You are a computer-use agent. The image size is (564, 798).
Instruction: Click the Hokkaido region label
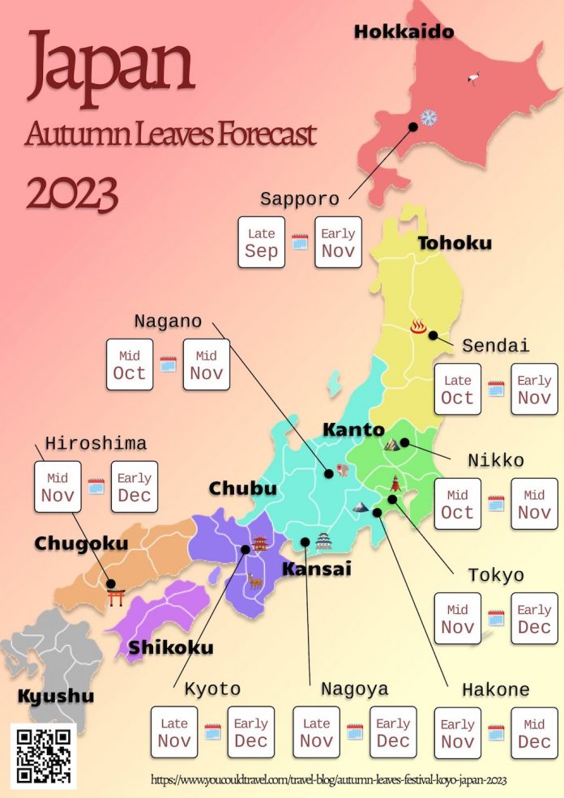(x=404, y=32)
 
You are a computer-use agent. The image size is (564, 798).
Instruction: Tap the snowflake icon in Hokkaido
(x=429, y=118)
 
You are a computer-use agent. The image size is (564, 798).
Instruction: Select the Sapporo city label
(x=299, y=199)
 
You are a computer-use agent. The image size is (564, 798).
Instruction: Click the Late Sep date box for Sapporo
(x=261, y=242)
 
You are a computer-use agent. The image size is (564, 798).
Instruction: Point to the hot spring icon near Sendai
(x=418, y=326)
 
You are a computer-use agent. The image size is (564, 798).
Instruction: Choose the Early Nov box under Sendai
(x=534, y=389)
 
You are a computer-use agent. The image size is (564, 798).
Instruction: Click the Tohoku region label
(x=454, y=243)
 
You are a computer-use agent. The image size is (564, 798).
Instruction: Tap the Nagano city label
(x=168, y=321)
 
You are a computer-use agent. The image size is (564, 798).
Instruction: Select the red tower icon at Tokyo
(x=395, y=484)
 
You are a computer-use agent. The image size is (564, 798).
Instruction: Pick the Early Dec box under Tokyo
(x=534, y=619)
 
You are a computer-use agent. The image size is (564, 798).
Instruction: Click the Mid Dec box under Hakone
(x=534, y=733)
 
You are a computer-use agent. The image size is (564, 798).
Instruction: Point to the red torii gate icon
(x=116, y=597)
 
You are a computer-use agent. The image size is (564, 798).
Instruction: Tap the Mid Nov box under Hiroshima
(x=58, y=487)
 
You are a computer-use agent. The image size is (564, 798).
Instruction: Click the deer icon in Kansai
(x=255, y=580)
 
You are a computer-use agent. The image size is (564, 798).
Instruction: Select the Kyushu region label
(x=55, y=696)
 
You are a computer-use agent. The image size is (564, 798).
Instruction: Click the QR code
(x=44, y=755)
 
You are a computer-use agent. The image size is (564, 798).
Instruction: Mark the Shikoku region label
(x=171, y=647)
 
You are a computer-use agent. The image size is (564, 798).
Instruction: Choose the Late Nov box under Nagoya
(x=316, y=732)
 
